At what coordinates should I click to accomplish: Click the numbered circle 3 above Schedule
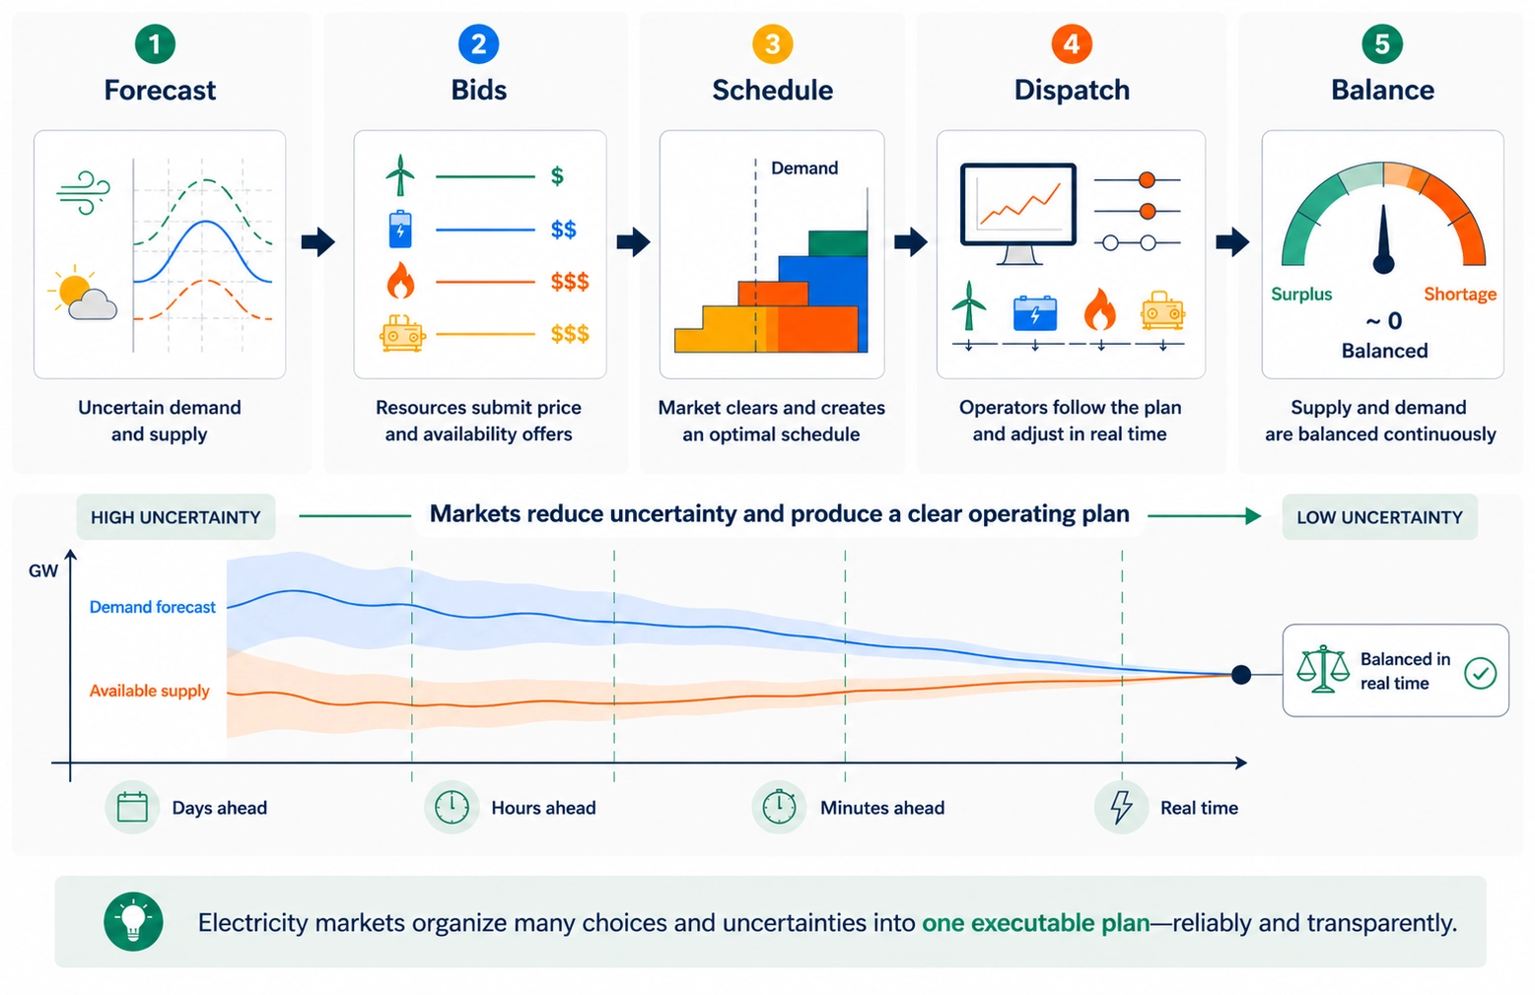(x=772, y=44)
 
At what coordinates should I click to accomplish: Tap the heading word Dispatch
(x=1072, y=91)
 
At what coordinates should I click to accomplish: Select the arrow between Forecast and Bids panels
(x=317, y=241)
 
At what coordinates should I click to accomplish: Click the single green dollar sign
(x=557, y=176)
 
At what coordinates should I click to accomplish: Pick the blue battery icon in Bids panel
(x=400, y=229)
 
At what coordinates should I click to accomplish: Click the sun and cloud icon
(x=83, y=295)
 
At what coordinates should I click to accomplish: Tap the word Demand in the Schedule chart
(x=804, y=168)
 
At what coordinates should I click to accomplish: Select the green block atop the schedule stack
(x=837, y=243)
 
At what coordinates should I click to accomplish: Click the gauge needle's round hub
(x=1383, y=263)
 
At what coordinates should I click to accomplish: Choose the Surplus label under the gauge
(x=1300, y=295)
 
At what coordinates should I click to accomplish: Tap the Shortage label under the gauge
(x=1459, y=295)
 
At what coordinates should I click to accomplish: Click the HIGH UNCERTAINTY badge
(x=175, y=517)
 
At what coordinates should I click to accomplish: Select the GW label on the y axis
(x=43, y=571)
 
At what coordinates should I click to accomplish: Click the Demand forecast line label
(x=152, y=608)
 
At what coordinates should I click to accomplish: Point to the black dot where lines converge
(x=1241, y=675)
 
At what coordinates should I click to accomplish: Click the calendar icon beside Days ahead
(x=132, y=808)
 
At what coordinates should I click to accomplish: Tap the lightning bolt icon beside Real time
(x=1121, y=807)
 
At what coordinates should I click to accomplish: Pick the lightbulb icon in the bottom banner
(x=133, y=921)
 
